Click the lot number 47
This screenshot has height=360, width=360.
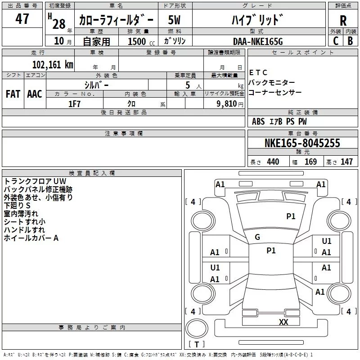pos(22,19)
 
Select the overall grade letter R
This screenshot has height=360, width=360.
pos(343,21)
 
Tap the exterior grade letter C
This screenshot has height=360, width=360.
pos(335,40)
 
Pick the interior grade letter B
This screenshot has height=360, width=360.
pos(351,40)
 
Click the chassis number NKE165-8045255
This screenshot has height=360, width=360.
pos(302,144)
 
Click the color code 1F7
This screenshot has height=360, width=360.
pos(75,103)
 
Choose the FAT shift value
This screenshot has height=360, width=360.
pos(13,94)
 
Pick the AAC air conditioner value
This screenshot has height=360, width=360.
pos(34,94)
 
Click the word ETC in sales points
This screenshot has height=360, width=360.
pos(258,72)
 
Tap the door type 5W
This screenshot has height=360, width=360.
pos(175,20)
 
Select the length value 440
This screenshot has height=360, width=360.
pos(273,162)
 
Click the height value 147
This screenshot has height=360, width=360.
pos(346,162)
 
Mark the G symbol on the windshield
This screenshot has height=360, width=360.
pos(257,237)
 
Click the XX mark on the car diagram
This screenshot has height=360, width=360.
pos(283,322)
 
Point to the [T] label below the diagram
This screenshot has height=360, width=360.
pos(196,345)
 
